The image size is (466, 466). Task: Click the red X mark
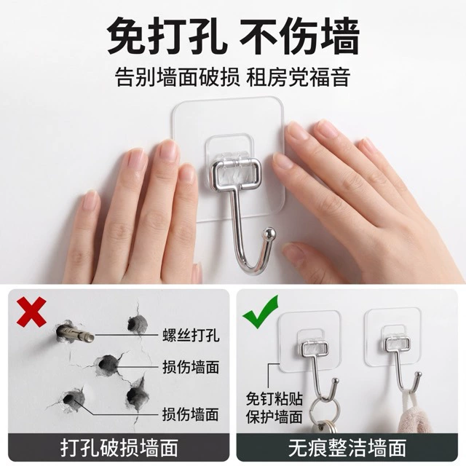[x=31, y=312]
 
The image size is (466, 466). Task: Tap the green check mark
[x=261, y=312]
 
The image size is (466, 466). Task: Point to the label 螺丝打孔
[x=191, y=335]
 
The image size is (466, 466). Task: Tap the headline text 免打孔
[x=167, y=36]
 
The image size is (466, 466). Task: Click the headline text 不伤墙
[x=299, y=36]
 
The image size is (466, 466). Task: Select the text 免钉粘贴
[x=274, y=399]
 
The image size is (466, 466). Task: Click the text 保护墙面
[x=274, y=416]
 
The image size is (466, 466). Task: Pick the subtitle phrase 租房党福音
[x=298, y=77]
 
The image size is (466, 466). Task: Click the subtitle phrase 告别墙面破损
[x=178, y=77]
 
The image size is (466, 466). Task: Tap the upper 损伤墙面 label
[x=191, y=367]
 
